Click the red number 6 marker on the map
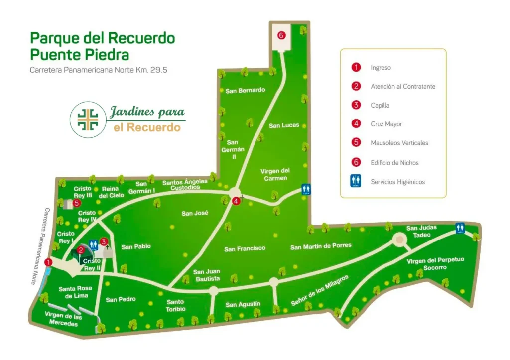pos(281,35)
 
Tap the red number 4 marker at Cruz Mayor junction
pos(236,201)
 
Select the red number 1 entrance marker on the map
pos(48,262)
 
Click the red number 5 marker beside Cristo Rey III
pos(77,203)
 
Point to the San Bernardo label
pos(245,91)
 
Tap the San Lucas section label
pos(284,125)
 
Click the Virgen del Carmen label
pos(275,174)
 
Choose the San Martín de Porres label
pos(321,246)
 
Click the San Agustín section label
pos(243,304)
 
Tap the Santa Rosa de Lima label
pos(73,292)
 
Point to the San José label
pos(194,213)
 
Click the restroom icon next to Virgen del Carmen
pos(307,189)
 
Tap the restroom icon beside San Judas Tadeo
pos(460,228)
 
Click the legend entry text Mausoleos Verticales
pos(399,143)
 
